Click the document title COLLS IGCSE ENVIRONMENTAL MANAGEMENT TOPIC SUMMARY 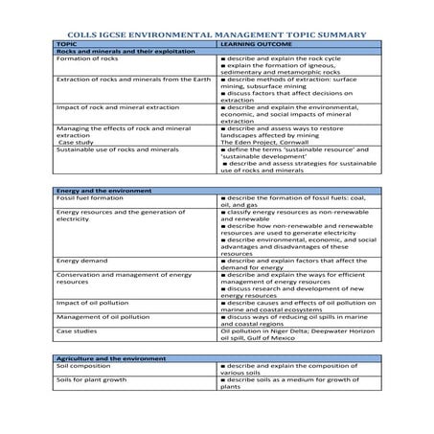[x=217, y=34]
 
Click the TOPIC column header [x=67, y=44]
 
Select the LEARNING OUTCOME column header [x=253, y=44]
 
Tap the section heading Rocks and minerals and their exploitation [x=114, y=52]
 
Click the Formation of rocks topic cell [x=86, y=59]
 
